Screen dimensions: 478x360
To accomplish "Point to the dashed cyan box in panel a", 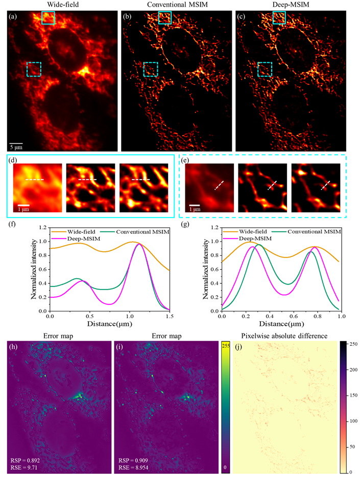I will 34,69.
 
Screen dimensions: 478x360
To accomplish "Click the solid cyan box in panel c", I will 279,17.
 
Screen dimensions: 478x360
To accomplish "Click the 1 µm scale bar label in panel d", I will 34,210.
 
